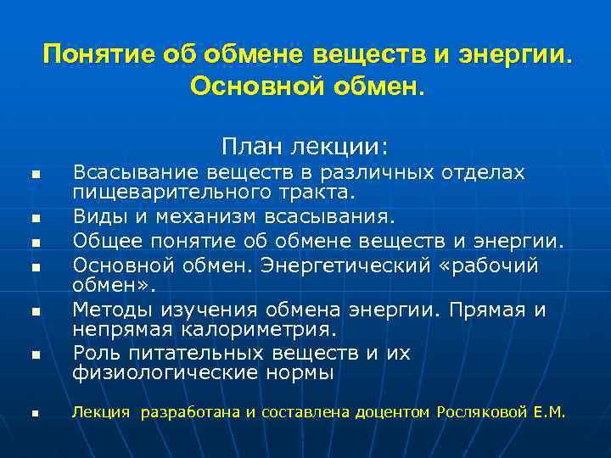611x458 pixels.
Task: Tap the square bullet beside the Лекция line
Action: pos(36,415)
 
